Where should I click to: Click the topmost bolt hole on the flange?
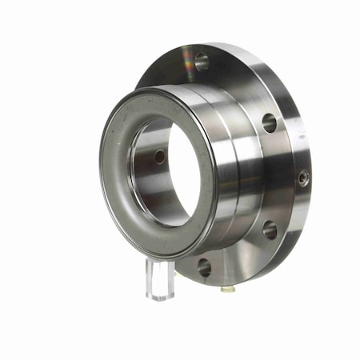pyautogui.click(x=202, y=60)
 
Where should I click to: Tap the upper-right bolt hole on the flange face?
pyautogui.click(x=270, y=122)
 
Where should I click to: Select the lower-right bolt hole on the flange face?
pyautogui.click(x=270, y=230)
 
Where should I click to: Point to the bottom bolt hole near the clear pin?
pyautogui.click(x=204, y=266)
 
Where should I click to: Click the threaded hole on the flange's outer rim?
pyautogui.click(x=303, y=178)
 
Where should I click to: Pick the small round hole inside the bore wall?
pyautogui.click(x=160, y=157)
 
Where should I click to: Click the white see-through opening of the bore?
pyautogui.click(x=186, y=172)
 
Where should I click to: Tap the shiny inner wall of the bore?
pyautogui.click(x=148, y=184)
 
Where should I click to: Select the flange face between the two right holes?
pyautogui.click(x=276, y=176)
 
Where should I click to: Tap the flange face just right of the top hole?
pyautogui.click(x=228, y=68)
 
